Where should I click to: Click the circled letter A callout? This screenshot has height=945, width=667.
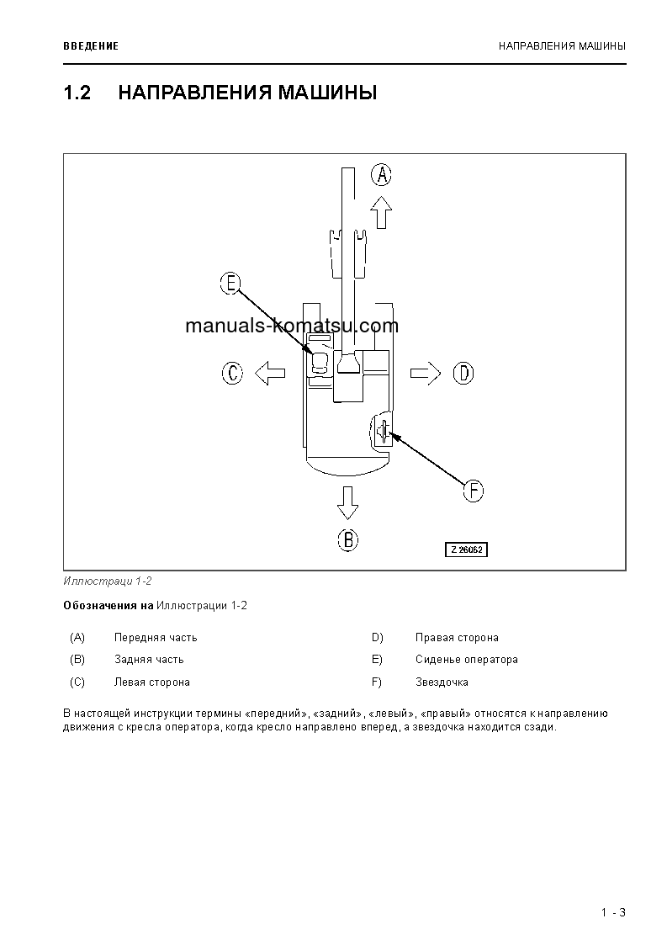[382, 175]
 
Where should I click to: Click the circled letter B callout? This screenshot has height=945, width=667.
[347, 539]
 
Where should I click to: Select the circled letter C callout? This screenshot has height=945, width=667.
[232, 373]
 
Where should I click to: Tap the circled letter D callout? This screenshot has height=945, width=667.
[463, 373]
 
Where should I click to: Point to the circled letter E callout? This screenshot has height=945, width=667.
[230, 284]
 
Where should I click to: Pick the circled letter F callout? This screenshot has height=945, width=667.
[474, 491]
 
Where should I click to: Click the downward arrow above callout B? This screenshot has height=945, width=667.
[347, 502]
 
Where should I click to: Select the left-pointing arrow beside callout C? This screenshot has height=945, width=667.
[269, 373]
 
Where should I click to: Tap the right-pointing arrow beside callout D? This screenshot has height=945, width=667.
[426, 373]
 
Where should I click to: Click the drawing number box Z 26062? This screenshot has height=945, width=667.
[467, 549]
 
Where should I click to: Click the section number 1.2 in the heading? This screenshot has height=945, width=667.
[77, 93]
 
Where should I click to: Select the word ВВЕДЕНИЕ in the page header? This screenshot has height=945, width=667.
[91, 45]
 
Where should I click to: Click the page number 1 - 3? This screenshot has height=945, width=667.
[613, 913]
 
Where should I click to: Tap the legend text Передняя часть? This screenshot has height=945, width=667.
[156, 637]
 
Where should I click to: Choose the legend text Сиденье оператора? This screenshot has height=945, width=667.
[466, 659]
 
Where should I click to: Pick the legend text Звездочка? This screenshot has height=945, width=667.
[442, 682]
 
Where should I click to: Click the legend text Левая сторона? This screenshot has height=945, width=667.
[151, 682]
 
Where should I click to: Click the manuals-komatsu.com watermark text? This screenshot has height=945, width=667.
[291, 327]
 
